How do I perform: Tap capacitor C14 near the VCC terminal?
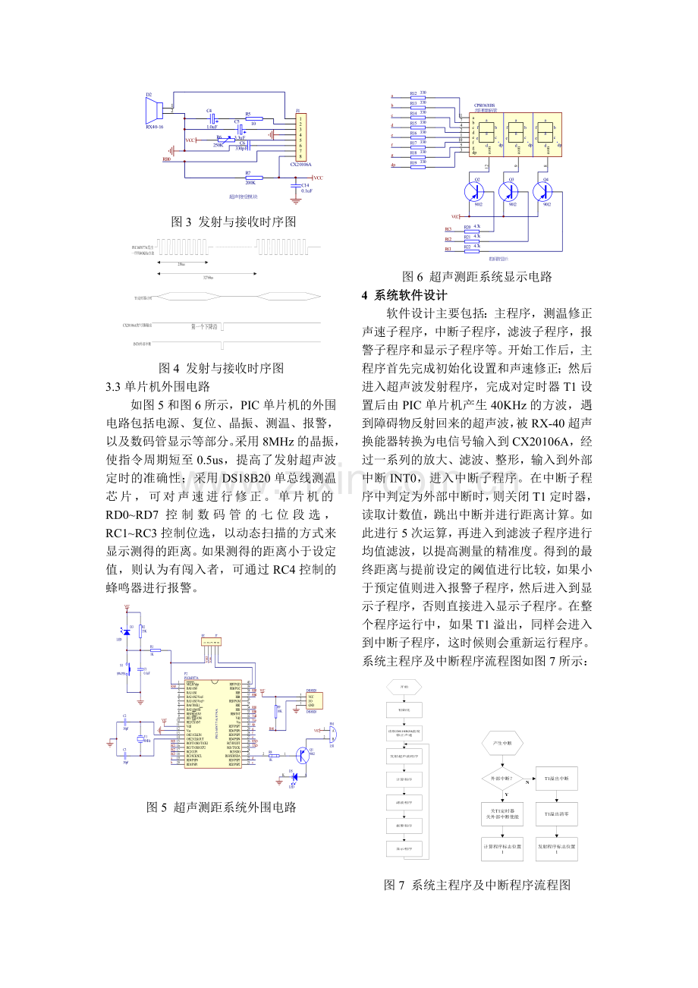295,186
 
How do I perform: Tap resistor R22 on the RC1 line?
467,248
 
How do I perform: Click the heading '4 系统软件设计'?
404,295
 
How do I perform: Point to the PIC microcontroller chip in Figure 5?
213,723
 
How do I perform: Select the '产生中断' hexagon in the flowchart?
505,743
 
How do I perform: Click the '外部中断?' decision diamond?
505,779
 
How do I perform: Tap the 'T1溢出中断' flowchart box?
557,779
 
